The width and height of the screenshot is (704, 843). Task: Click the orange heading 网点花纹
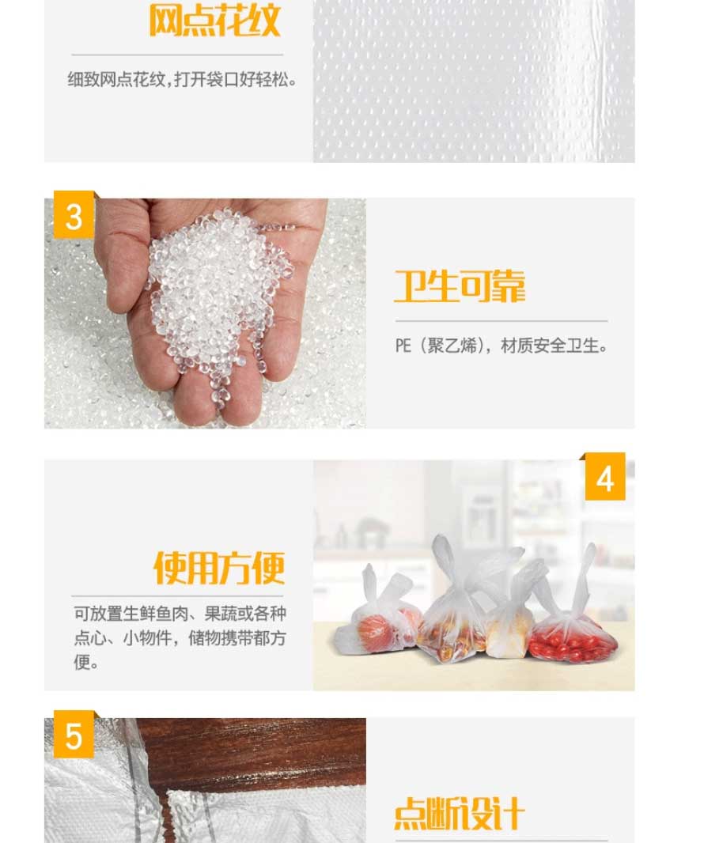click(x=214, y=21)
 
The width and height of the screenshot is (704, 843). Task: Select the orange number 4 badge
click(x=605, y=476)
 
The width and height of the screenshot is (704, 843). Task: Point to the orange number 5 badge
click(x=74, y=735)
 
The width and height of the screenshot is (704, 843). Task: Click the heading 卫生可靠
click(x=460, y=286)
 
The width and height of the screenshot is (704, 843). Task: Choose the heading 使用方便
click(x=219, y=569)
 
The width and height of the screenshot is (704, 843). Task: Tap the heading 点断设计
click(x=460, y=814)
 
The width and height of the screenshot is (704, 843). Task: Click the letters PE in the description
click(x=403, y=346)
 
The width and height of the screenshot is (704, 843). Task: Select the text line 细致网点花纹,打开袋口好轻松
click(x=182, y=80)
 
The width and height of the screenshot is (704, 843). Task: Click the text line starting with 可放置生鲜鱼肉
click(x=180, y=614)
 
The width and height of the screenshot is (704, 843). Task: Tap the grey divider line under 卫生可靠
click(x=502, y=321)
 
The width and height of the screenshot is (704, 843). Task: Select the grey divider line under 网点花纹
click(x=177, y=55)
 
